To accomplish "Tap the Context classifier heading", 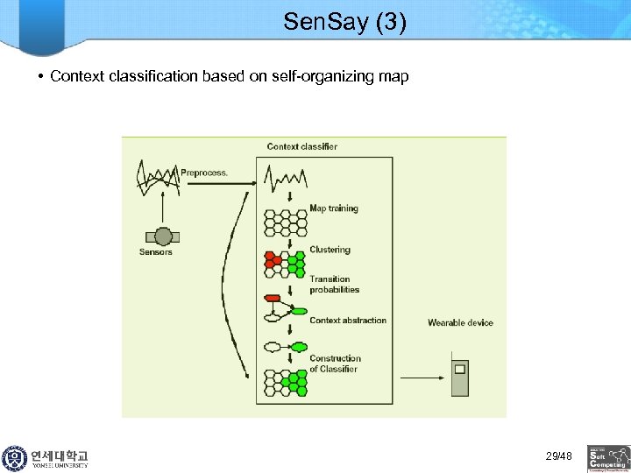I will click(x=301, y=146).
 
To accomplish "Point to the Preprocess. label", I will click(x=204, y=173).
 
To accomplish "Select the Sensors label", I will click(x=156, y=252).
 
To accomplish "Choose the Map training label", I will click(x=333, y=208).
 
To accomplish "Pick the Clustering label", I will click(x=330, y=250).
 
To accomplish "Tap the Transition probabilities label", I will click(x=334, y=285).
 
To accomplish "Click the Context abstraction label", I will click(x=347, y=321).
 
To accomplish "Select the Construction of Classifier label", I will click(x=335, y=364).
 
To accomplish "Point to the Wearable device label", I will click(x=460, y=323).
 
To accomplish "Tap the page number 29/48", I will click(x=558, y=456).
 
